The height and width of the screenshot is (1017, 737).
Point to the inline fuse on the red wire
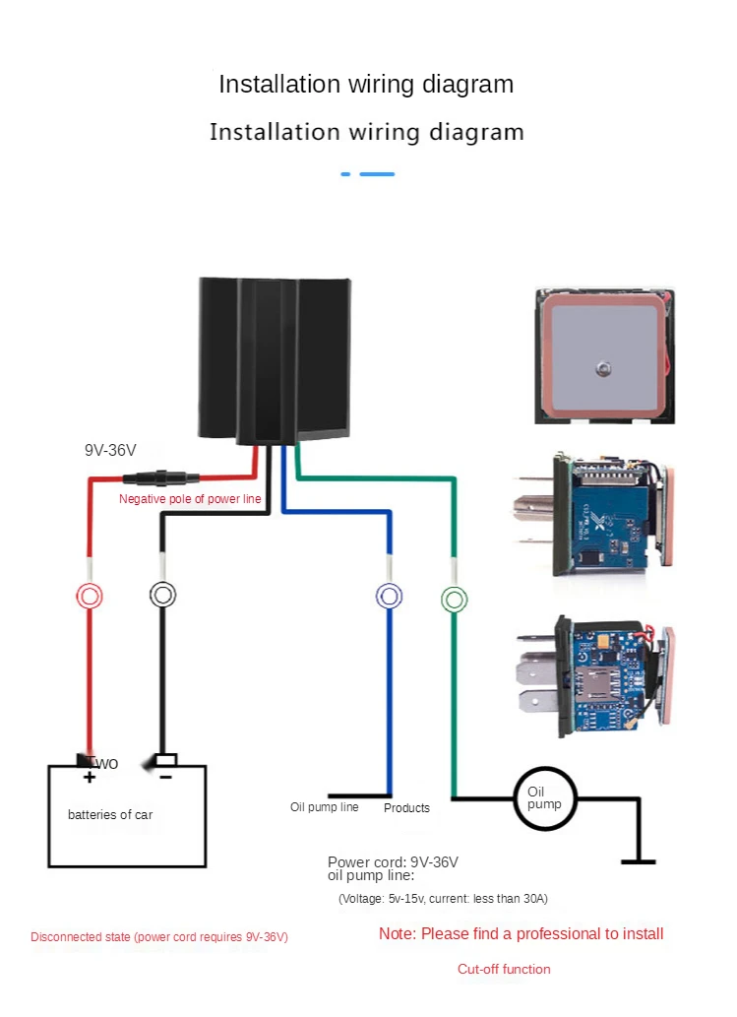(x=161, y=478)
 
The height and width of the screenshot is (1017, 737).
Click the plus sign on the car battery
(x=89, y=777)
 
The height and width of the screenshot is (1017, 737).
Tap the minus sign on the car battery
(x=166, y=777)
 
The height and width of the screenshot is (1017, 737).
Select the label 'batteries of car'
(x=110, y=814)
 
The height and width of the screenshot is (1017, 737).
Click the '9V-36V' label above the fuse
(x=110, y=450)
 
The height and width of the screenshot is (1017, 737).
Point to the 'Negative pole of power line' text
(x=190, y=499)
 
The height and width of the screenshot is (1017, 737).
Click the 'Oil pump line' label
(x=324, y=807)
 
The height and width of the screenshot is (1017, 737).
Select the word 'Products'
(x=406, y=808)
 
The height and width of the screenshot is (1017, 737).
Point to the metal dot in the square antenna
(x=603, y=369)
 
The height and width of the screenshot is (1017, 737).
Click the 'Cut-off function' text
(x=505, y=969)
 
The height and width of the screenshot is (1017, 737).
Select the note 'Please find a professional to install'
(x=542, y=934)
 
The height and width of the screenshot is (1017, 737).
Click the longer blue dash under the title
(x=377, y=174)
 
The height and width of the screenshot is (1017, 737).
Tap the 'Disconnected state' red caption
(x=159, y=937)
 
